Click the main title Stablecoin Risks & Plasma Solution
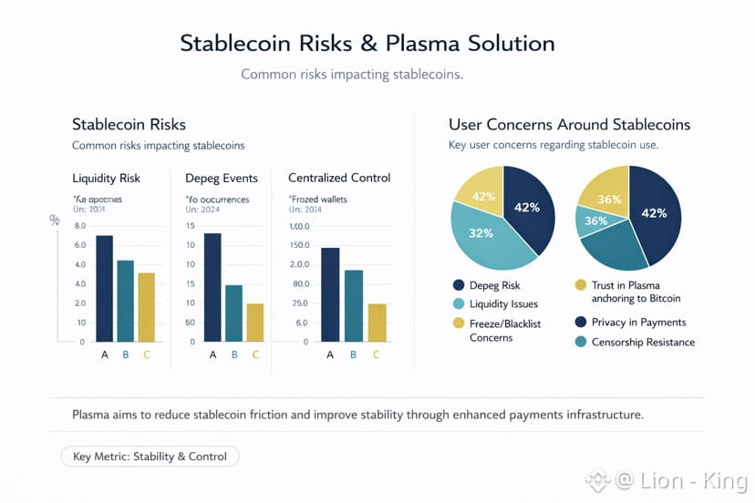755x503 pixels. [x=367, y=43]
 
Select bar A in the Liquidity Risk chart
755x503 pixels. [x=104, y=288]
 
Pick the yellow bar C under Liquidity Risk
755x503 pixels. [x=147, y=307]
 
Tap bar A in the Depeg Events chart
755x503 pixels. [x=212, y=287]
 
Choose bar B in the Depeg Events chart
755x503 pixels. [x=233, y=313]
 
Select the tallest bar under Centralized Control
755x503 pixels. [x=330, y=294]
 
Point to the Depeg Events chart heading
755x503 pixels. [x=222, y=178]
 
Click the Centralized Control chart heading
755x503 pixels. [x=339, y=178]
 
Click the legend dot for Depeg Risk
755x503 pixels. [x=459, y=285]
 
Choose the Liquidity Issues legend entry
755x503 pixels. [x=503, y=303]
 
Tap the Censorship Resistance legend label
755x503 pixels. [x=643, y=342]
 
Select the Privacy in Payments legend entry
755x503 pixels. [x=638, y=322]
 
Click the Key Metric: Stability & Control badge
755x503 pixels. [x=150, y=457]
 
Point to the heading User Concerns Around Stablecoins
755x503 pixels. [x=569, y=125]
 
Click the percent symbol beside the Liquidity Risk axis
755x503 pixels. [x=55, y=221]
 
